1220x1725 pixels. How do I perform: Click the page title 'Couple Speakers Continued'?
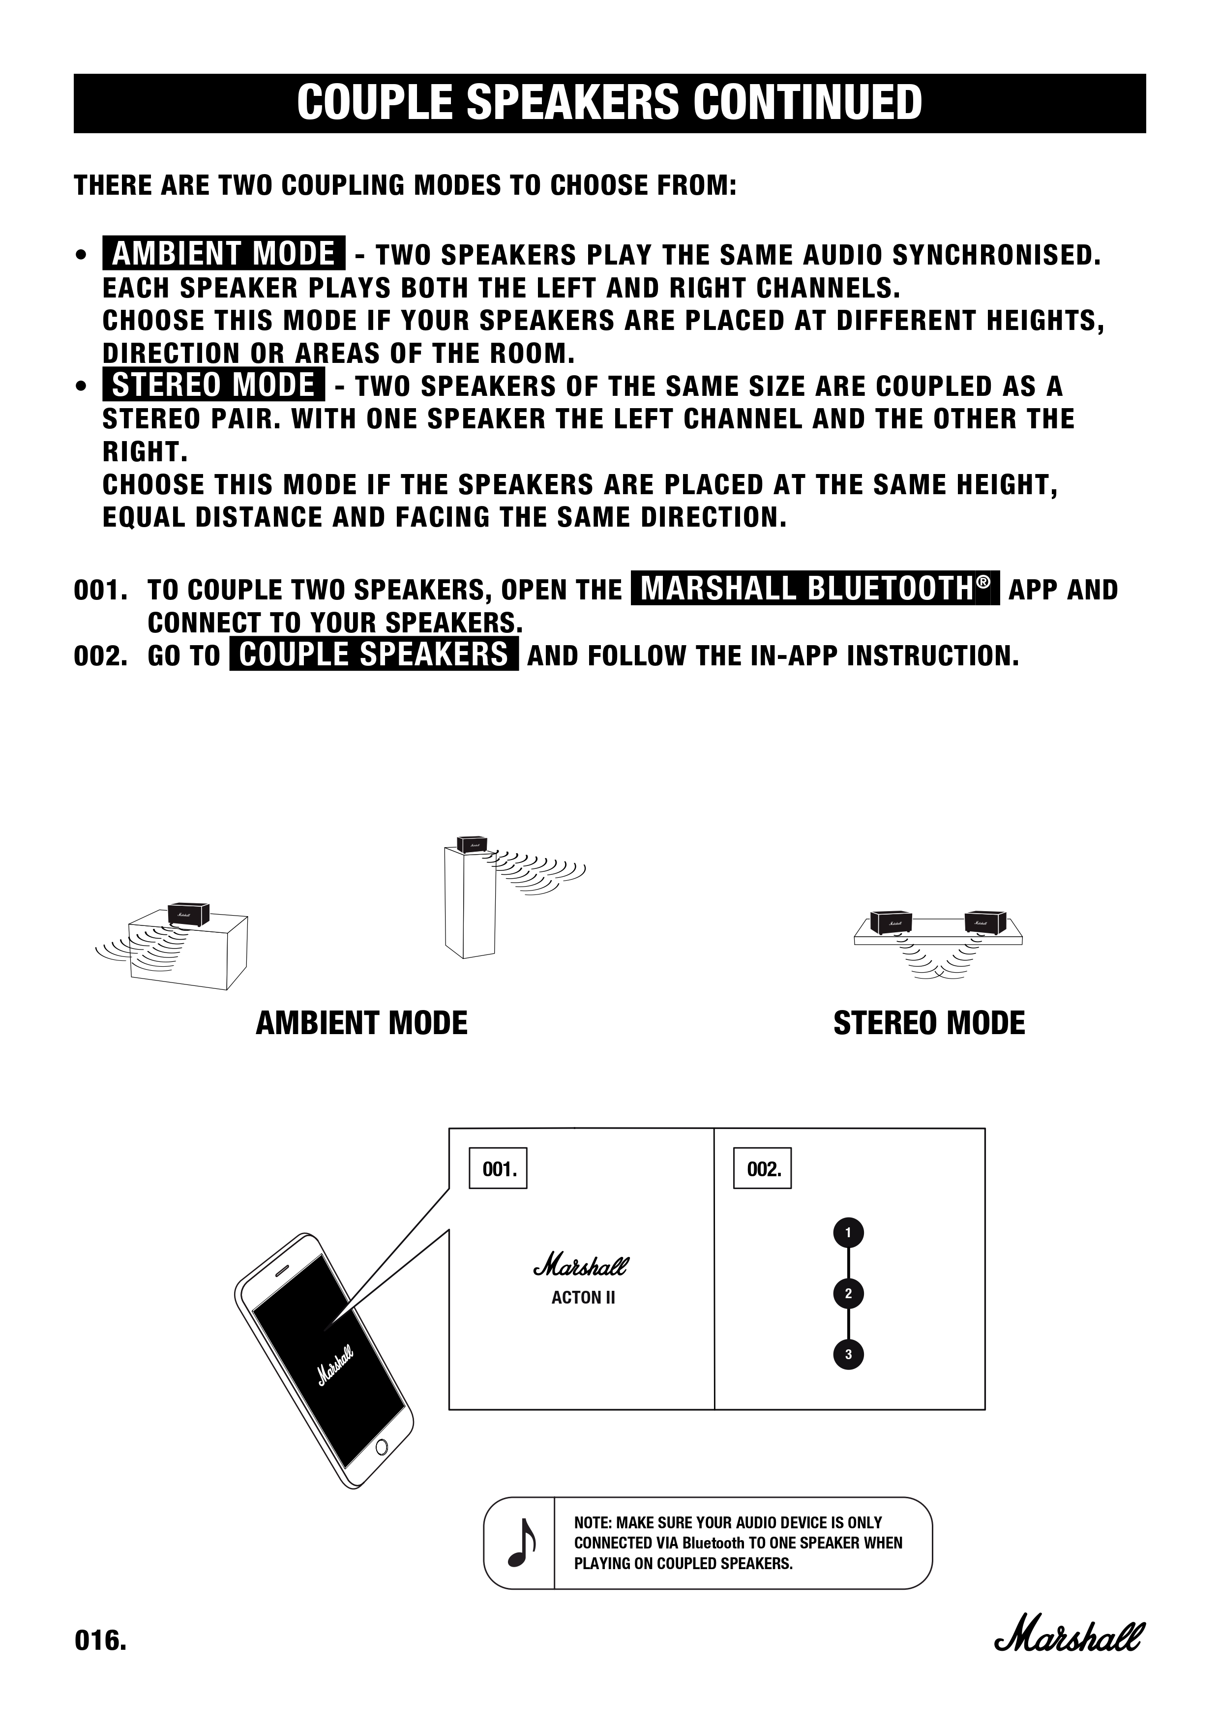[x=609, y=103]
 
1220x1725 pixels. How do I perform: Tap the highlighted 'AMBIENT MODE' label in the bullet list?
[x=223, y=253]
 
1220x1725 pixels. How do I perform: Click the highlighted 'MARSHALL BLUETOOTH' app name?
[x=815, y=588]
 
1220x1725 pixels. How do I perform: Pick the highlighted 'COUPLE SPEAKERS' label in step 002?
[x=373, y=654]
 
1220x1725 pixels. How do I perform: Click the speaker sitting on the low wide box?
[x=188, y=913]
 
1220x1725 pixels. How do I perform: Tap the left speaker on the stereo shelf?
[x=891, y=921]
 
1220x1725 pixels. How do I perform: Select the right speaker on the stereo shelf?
[x=985, y=921]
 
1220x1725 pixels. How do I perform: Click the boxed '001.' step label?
[x=498, y=1168]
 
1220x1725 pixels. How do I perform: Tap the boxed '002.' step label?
[x=763, y=1168]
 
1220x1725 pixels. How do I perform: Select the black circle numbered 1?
[x=848, y=1233]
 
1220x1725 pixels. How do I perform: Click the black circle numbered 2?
[x=848, y=1294]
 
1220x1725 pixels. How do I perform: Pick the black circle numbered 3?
[x=848, y=1355]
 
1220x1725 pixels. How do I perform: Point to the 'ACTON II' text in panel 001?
[x=583, y=1298]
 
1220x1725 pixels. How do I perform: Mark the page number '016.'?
[x=100, y=1640]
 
